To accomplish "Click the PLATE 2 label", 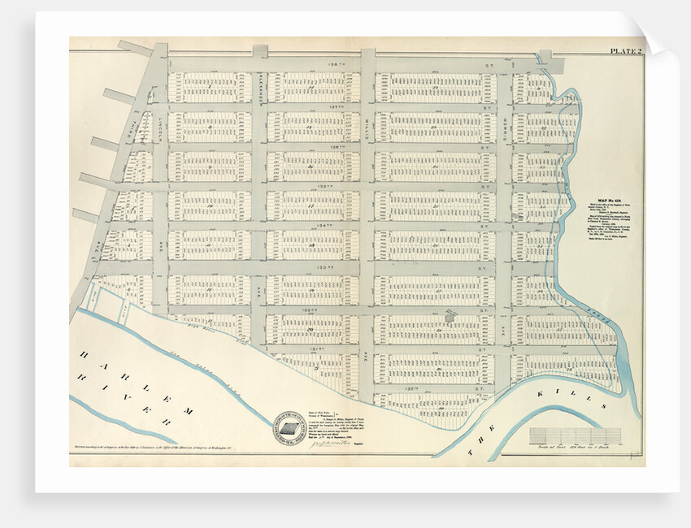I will [x=625, y=51].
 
